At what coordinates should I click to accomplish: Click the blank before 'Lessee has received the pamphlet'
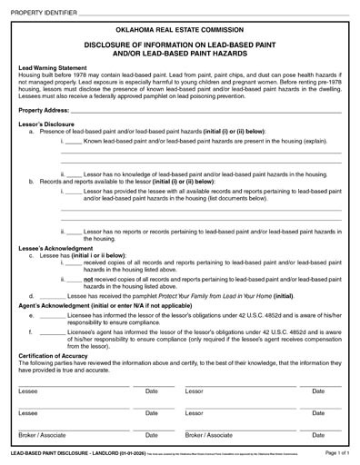click(x=52, y=296)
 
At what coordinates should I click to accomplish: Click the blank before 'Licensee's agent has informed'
click(x=52, y=332)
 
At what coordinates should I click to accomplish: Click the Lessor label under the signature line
click(x=195, y=391)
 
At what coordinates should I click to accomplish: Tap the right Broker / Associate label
click(x=208, y=435)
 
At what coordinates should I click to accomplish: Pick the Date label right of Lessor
click(x=318, y=391)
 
